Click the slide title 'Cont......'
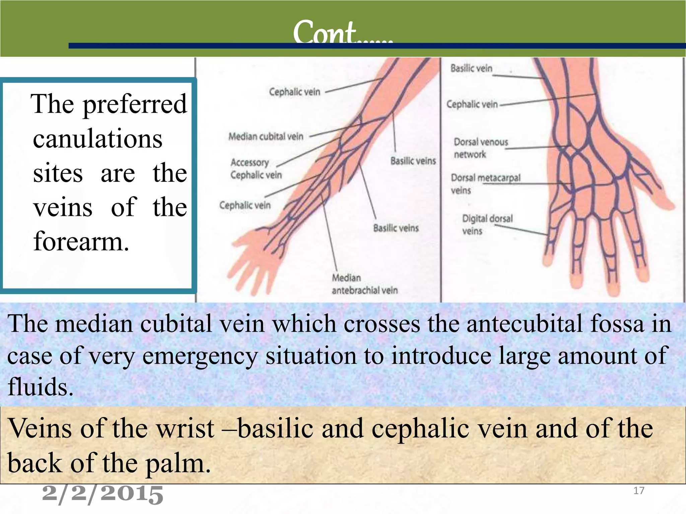tap(342, 32)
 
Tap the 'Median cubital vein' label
tap(266, 137)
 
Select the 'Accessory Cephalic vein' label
tap(256, 169)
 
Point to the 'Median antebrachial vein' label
tap(364, 284)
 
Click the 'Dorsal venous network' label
tap(480, 148)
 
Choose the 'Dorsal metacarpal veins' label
tap(485, 184)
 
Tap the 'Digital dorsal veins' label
tap(487, 225)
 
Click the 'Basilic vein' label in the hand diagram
tap(471, 68)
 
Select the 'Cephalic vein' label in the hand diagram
tap(472, 104)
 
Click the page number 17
tap(639, 491)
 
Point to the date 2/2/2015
tap(102, 494)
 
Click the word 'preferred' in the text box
tap(135, 104)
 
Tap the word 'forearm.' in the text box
tap(81, 241)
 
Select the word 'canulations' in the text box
tap(97, 139)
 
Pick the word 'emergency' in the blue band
tap(200, 356)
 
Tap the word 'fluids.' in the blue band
tap(40, 387)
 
